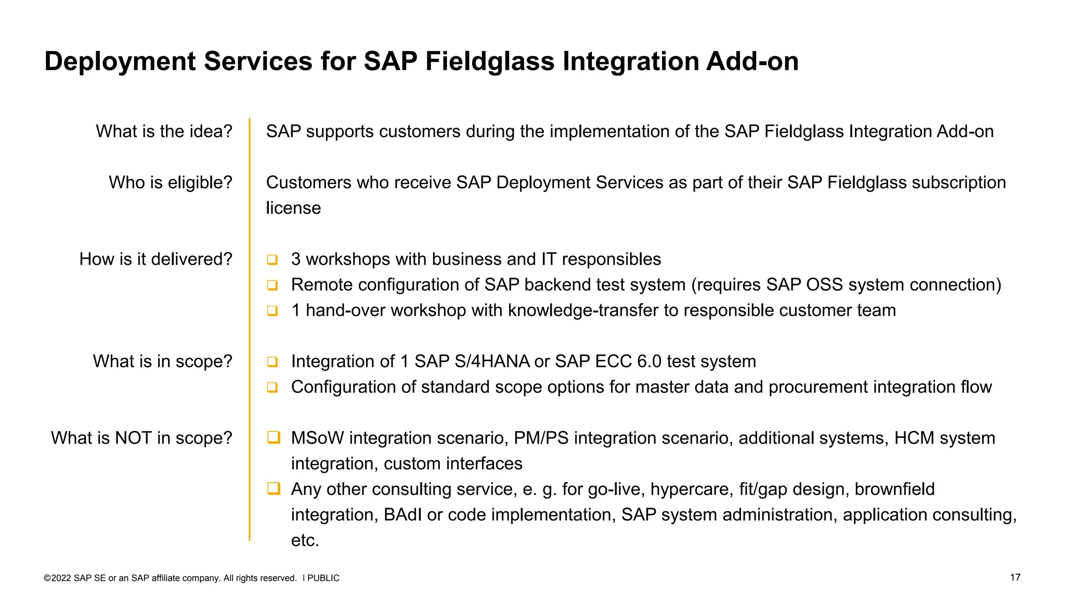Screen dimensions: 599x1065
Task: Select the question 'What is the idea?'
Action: tap(164, 131)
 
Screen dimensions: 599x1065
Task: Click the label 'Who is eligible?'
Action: tap(170, 183)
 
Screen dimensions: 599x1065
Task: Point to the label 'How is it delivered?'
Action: tap(155, 259)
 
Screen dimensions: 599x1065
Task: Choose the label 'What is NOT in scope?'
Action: tap(141, 438)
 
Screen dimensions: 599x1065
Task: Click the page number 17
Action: tap(1015, 578)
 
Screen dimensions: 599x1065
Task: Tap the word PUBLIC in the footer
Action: tap(323, 578)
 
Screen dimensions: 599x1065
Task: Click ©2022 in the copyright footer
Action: tap(57, 578)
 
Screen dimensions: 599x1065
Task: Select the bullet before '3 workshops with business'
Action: tap(272, 259)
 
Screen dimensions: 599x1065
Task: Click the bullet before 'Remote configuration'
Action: tap(272, 285)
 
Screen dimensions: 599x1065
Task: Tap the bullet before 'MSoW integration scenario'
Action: tap(274, 437)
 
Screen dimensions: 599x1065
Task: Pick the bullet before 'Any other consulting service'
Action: tap(274, 488)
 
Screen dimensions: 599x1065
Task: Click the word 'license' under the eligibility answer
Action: tap(293, 208)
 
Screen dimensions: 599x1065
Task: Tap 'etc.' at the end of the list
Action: tap(305, 540)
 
